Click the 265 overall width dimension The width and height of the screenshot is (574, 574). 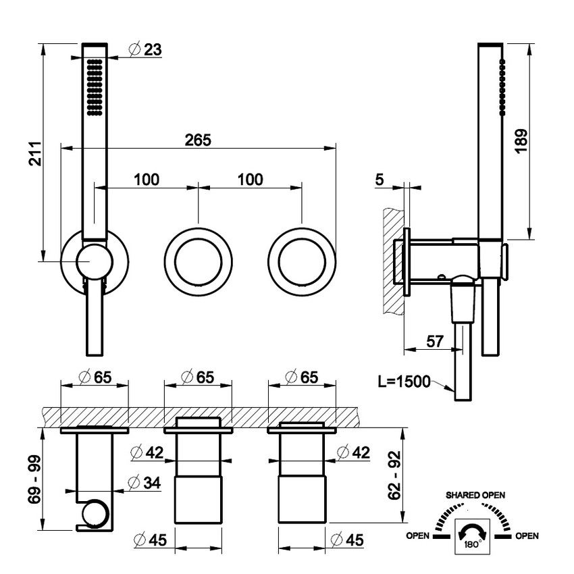tap(199, 140)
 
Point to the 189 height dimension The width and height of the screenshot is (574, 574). tap(520, 142)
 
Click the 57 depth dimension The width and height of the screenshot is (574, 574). tap(436, 341)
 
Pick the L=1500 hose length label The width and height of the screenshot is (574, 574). tap(404, 382)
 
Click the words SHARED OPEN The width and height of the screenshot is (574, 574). tap(474, 495)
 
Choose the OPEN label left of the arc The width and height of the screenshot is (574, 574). tap(418, 536)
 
